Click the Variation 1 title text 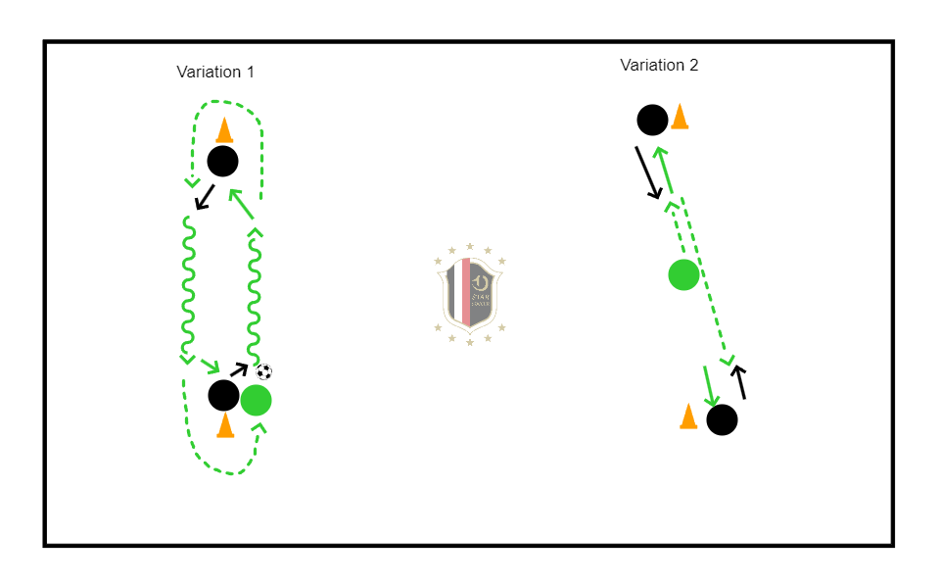click(x=215, y=72)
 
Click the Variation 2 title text click(x=659, y=65)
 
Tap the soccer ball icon click(x=264, y=371)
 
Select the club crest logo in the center click(x=470, y=292)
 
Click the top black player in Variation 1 click(x=222, y=161)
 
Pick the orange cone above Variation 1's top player click(x=224, y=130)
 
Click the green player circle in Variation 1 click(x=256, y=400)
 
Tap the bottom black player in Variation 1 click(x=223, y=395)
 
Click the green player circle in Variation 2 click(x=683, y=275)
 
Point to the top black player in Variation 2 click(x=652, y=120)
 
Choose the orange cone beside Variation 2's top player click(x=680, y=117)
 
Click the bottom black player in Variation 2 click(x=722, y=419)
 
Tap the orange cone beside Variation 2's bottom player click(x=688, y=416)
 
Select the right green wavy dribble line click(x=253, y=294)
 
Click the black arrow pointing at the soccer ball click(x=238, y=370)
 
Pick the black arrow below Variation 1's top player click(x=206, y=198)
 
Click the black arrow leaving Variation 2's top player click(x=649, y=173)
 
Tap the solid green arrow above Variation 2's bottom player click(x=710, y=385)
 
